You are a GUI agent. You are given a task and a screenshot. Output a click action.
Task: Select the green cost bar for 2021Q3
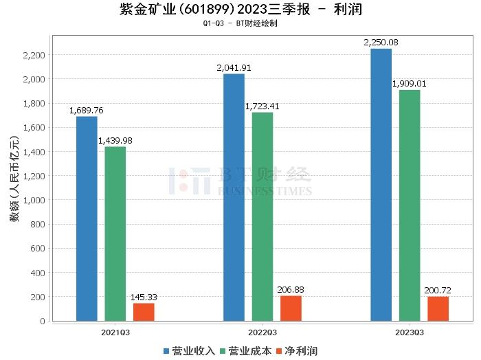point(115,234)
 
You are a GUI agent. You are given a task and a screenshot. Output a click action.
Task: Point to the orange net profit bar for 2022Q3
point(291,308)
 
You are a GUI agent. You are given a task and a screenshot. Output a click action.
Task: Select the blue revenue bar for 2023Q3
point(381,185)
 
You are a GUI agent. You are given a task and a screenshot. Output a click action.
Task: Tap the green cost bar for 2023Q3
point(410,205)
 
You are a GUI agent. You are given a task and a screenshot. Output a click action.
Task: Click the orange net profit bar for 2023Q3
point(438,308)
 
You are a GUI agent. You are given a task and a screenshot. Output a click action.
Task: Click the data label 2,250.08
point(381,43)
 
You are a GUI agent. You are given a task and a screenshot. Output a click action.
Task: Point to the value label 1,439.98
point(115,141)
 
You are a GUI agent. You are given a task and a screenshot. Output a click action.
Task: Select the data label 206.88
point(291,290)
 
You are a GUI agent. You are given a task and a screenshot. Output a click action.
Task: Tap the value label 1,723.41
point(262,106)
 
